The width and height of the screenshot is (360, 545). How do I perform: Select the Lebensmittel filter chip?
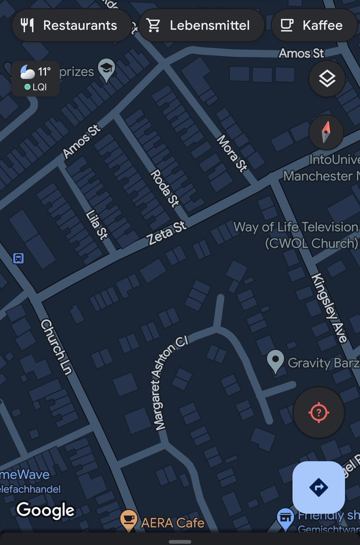coord(201,25)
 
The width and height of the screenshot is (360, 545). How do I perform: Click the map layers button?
coord(327,79)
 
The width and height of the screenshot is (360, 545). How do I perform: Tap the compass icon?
coord(326,132)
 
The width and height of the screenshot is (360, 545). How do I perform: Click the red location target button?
coord(319,412)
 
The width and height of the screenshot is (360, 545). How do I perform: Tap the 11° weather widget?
coord(35,78)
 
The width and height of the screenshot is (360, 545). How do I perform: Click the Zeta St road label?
coord(167,233)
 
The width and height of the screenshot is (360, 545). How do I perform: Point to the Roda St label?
coord(165,188)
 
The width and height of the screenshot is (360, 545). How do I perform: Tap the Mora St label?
coord(232,154)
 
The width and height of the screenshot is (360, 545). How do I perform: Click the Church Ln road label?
coord(57,347)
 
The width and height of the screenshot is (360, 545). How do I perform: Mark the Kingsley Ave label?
coord(330,307)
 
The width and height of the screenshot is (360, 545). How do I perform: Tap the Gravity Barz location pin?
coord(275,362)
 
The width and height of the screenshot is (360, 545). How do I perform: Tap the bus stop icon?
coord(18,258)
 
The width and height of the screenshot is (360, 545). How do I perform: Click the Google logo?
coord(45,510)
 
